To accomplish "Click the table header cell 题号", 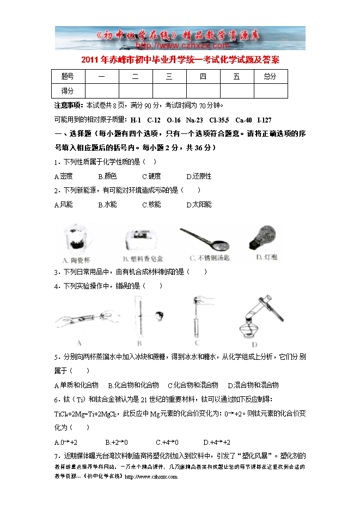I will pyautogui.click(x=68, y=76).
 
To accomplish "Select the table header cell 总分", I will pyautogui.click(x=270, y=76).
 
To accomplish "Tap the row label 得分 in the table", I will pyautogui.click(x=68, y=91).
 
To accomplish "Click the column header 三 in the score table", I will pyautogui.click(x=169, y=76).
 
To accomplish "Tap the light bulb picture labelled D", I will pyautogui.click(x=262, y=237).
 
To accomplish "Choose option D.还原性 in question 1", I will pyautogui.click(x=198, y=176).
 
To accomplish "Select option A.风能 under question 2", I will pyautogui.click(x=63, y=205).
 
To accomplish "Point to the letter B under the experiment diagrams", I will pyautogui.click(x=139, y=344).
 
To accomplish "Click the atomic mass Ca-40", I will pyautogui.click(x=243, y=120).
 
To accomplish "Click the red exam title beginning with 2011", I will pyautogui.click(x=180, y=59).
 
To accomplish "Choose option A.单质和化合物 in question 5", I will pyautogui.click(x=76, y=385).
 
